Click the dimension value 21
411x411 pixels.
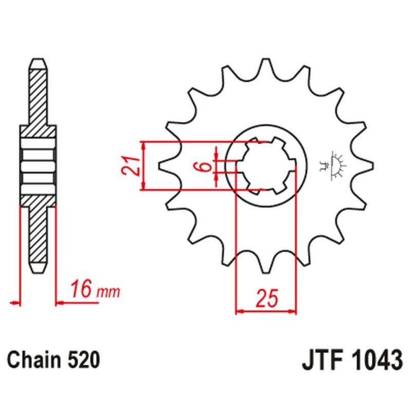(x=130, y=165)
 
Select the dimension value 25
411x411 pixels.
(x=267, y=298)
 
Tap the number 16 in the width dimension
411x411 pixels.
(x=82, y=289)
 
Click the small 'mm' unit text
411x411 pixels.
(x=108, y=292)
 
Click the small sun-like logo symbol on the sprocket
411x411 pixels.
(x=334, y=165)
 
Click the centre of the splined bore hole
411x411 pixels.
(x=266, y=166)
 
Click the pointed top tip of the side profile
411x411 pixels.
(x=38, y=59)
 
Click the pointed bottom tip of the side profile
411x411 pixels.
(x=38, y=273)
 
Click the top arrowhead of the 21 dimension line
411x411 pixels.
(x=143, y=146)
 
